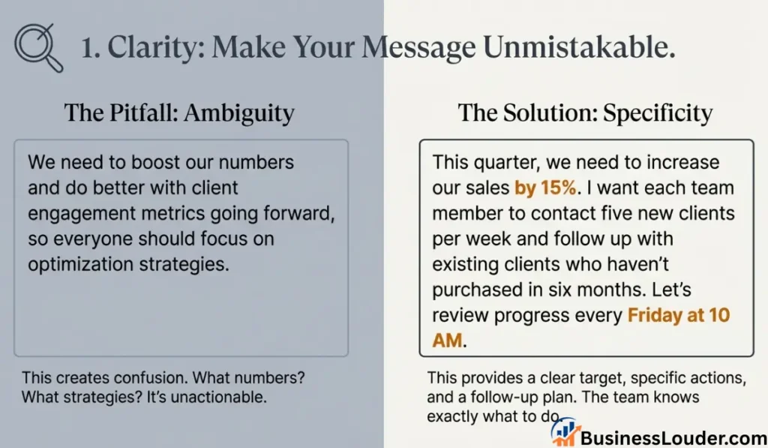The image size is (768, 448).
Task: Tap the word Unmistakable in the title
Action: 579,47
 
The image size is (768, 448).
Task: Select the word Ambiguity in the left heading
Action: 239,114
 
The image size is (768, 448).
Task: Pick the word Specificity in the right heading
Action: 658,114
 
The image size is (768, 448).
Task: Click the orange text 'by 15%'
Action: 546,188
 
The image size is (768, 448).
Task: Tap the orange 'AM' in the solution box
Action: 447,340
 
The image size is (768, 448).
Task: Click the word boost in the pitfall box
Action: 157,162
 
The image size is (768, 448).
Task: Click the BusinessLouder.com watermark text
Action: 674,437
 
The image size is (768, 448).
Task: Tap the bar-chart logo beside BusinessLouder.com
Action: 564,431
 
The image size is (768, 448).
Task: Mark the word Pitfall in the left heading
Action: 143,113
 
